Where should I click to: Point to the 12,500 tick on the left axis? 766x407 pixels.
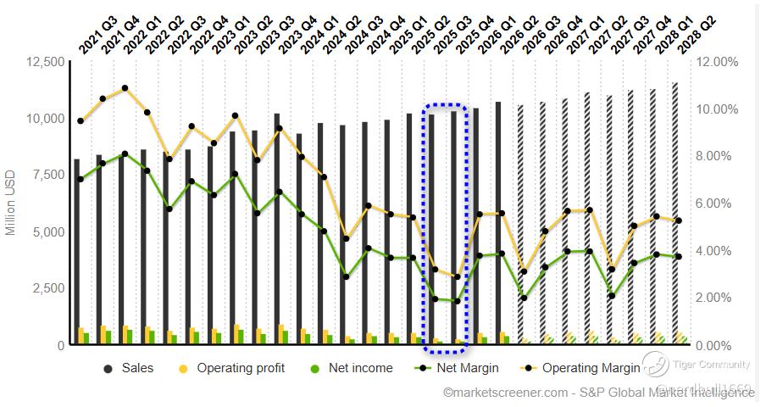41,62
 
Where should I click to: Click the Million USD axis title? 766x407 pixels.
11,203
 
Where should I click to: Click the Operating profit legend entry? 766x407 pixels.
241,368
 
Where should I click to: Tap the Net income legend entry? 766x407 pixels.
361,368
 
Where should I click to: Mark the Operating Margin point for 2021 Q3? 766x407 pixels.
80,120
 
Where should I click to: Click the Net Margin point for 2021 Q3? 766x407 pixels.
80,179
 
